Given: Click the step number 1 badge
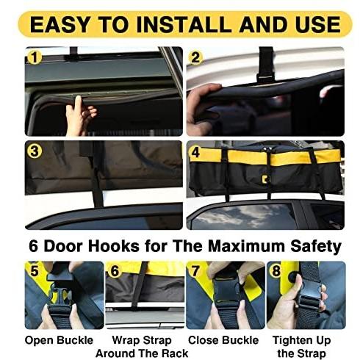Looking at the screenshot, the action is point(35,57).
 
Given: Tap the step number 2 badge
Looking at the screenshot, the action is point(195,58).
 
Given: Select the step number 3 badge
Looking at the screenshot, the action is point(35,151).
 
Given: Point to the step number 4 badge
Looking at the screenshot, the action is point(195,152).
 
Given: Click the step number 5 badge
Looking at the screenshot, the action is point(35,270).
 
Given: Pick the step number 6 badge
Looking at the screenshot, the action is point(115,271).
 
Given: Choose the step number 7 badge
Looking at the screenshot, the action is point(195,271).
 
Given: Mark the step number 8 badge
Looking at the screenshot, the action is point(276,271).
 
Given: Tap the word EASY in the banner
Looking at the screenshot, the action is point(60,24).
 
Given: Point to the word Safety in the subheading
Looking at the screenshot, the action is point(316,247).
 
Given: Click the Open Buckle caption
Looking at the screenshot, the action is point(59,340).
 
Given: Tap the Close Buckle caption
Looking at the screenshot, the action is point(223,340).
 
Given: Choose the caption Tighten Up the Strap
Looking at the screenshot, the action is point(302,347).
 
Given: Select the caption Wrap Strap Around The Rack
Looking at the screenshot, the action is point(142,347).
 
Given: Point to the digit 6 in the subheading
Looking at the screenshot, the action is point(34,246).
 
